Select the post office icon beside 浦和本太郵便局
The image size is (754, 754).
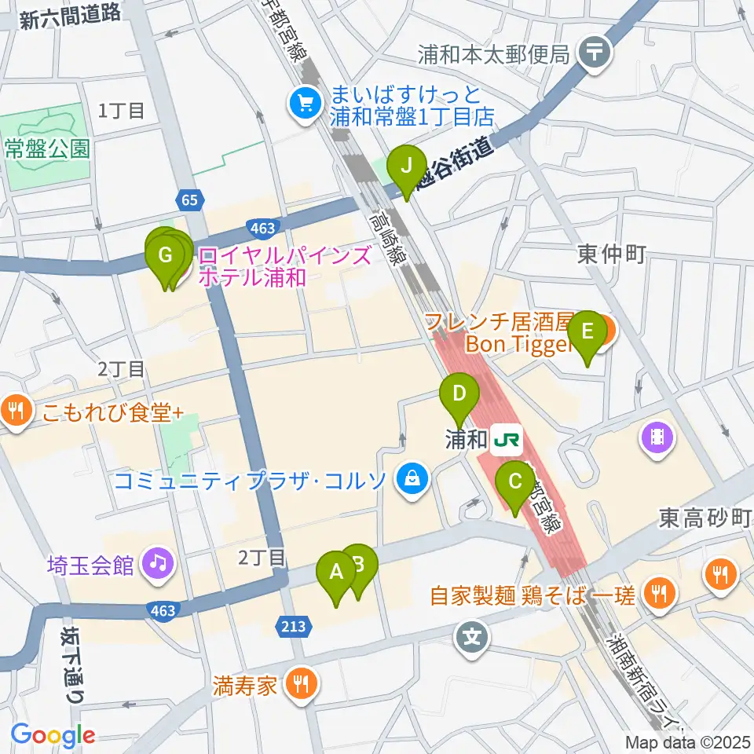click(x=595, y=53)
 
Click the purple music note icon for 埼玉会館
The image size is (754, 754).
click(x=158, y=564)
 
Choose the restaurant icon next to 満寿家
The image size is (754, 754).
click(x=301, y=683)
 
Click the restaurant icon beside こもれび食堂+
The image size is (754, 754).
click(x=14, y=409)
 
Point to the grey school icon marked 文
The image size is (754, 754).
click(x=472, y=633)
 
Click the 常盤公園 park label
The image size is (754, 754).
click(x=47, y=148)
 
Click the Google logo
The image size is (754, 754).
click(x=53, y=735)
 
